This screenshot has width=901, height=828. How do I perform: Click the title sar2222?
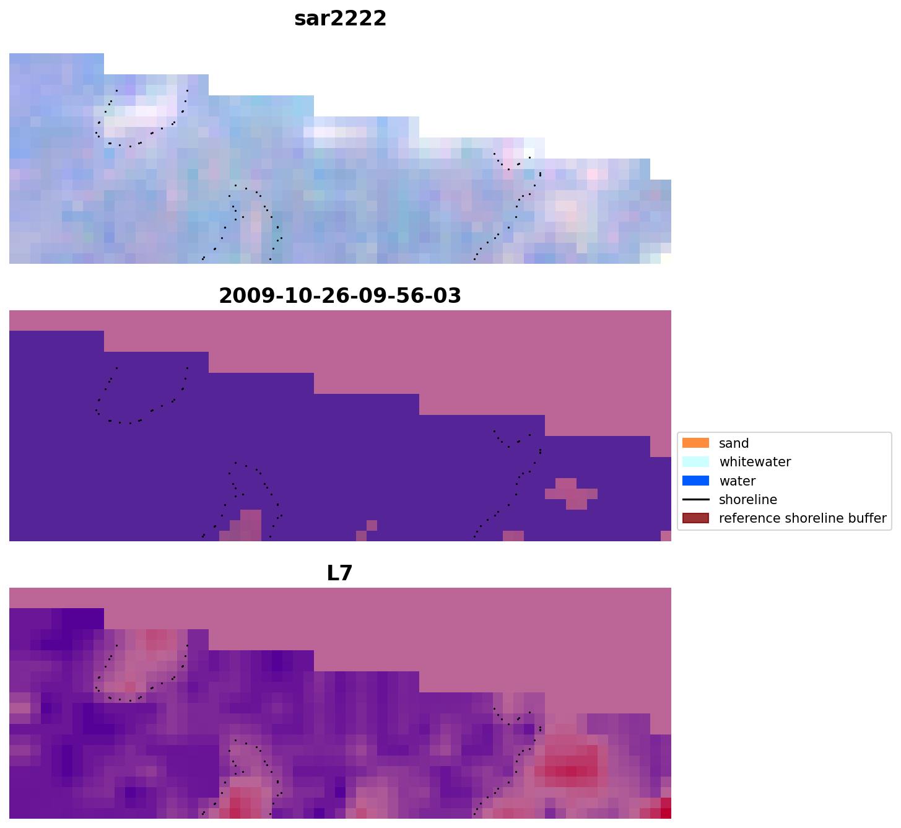tap(340, 19)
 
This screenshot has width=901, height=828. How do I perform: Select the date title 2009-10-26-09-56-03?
tap(340, 295)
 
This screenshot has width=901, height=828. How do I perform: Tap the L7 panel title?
tap(339, 573)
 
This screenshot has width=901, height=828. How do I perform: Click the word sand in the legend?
tap(734, 443)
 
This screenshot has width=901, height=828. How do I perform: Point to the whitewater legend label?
tap(755, 462)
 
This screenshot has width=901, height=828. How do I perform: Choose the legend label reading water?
tap(737, 481)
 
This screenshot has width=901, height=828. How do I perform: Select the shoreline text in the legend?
tap(747, 500)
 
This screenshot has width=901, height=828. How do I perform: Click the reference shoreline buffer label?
tap(802, 518)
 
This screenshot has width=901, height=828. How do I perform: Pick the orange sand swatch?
tap(695, 443)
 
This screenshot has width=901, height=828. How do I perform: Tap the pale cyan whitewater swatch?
tap(695, 462)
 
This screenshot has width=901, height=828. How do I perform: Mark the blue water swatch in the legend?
tap(695, 481)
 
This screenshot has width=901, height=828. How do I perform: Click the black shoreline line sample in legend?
tap(695, 500)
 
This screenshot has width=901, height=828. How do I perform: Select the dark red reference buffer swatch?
tap(695, 518)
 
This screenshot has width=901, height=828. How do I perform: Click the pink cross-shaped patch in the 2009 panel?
tap(571, 493)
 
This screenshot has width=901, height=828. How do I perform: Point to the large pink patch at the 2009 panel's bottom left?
tap(245, 527)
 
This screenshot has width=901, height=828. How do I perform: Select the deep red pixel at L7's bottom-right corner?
tap(666, 808)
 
